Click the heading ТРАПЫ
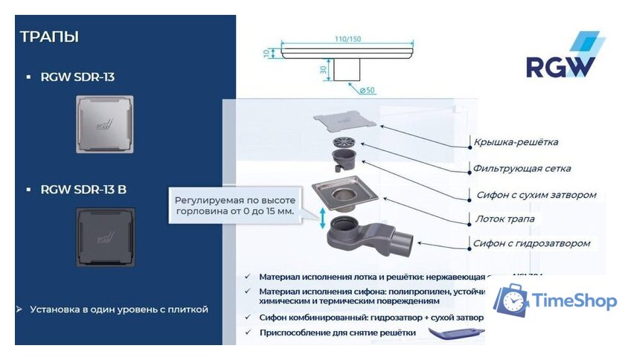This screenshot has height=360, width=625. click(49, 36)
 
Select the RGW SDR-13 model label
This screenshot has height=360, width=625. click(77, 77)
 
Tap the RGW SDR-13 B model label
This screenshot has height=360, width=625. click(83, 190)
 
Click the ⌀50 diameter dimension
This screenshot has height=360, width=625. click(365, 91)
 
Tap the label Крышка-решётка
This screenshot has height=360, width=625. click(516, 141)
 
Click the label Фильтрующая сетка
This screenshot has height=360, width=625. click(522, 168)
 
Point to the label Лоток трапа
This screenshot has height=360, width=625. click(504, 219)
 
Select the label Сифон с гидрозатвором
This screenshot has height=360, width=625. click(531, 243)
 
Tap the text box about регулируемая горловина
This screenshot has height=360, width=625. click(234, 206)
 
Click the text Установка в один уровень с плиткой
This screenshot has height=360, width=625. click(118, 309)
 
